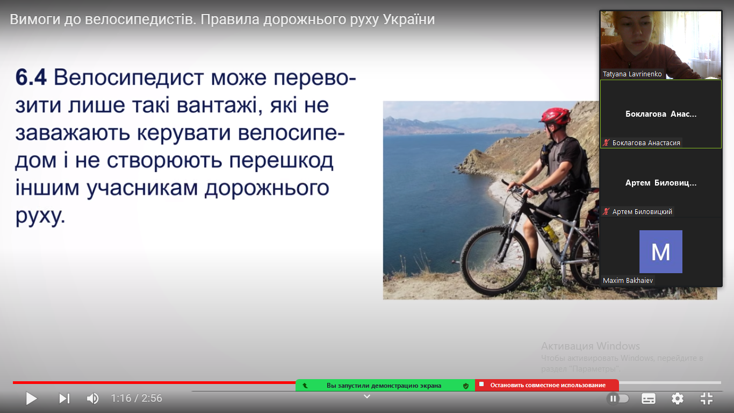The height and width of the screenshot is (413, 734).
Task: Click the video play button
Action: point(32,398)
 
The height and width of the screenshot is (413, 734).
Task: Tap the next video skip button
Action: point(64,398)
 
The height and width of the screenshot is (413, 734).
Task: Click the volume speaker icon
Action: point(93,398)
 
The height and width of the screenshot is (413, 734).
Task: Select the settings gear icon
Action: point(678,398)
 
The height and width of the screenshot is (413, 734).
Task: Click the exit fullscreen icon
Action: point(707,398)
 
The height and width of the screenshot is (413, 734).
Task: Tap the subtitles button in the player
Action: point(649,398)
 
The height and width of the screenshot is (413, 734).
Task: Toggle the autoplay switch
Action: point(618,398)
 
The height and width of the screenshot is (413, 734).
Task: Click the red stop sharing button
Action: point(547,385)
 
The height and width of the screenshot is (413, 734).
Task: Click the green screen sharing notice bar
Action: point(385,386)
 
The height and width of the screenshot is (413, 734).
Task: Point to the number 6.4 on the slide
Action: point(31,77)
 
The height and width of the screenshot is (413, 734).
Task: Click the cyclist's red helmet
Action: point(556,116)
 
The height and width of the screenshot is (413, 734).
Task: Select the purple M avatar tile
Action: point(660,252)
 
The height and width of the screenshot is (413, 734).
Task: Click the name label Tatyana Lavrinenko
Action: point(632,74)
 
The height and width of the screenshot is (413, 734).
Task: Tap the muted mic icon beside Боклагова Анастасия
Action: point(606,143)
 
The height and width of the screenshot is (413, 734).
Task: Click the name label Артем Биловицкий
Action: point(642,212)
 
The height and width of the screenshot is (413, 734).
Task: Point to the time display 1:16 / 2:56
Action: point(136,398)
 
